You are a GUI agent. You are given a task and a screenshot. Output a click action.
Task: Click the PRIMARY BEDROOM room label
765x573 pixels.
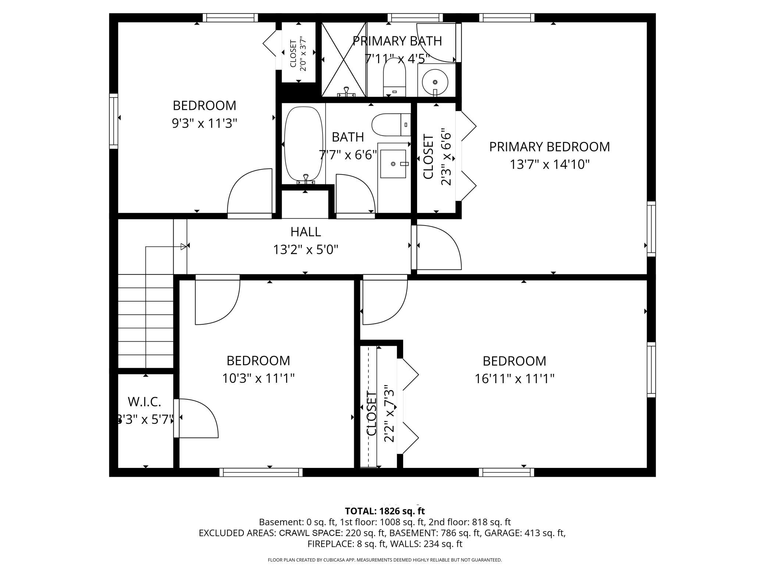point(549,147)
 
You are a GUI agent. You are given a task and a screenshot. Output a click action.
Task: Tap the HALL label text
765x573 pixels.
point(306,232)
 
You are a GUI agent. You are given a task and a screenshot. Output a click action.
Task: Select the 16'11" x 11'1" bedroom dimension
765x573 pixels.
point(515,379)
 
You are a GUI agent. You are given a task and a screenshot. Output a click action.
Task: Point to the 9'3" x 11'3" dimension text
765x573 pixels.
point(204,123)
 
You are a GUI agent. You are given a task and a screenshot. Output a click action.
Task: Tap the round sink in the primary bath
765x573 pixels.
point(435,82)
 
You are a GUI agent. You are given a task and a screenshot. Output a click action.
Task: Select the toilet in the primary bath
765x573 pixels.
point(394,79)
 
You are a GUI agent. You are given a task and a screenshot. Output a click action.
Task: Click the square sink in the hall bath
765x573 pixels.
point(393,164)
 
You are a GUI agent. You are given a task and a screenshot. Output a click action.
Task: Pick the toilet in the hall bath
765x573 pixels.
point(391,125)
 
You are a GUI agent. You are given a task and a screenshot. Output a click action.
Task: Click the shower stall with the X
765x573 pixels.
point(344,59)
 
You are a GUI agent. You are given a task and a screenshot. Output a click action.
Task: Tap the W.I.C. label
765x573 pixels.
point(145,402)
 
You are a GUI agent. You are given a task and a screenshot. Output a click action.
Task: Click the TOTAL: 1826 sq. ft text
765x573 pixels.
point(385,511)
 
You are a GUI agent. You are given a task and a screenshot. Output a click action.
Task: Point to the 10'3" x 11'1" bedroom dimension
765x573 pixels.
point(259,378)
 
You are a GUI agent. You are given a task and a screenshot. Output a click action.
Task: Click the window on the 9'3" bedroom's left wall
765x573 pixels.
point(114,121)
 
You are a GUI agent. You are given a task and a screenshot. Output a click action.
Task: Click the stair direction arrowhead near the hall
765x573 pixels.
point(184,247)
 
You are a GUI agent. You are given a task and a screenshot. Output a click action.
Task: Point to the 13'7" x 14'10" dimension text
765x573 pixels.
point(549,165)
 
